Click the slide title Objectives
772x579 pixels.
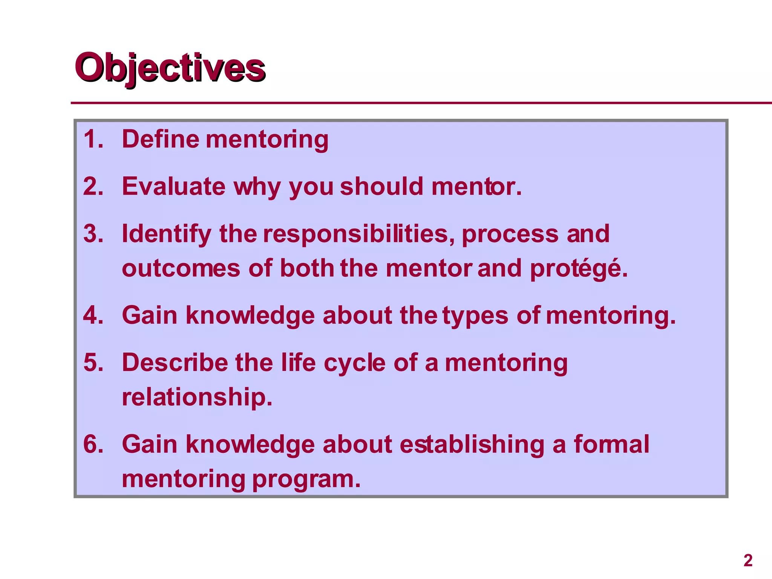coord(170,68)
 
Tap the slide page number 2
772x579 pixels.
coord(748,561)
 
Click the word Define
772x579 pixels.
coord(161,139)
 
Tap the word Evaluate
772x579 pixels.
coord(173,187)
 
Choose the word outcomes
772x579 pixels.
coord(181,269)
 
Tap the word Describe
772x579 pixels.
coord(175,363)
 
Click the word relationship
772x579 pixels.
coord(197,397)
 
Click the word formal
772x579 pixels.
coord(611,444)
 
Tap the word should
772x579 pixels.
coord(381,187)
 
